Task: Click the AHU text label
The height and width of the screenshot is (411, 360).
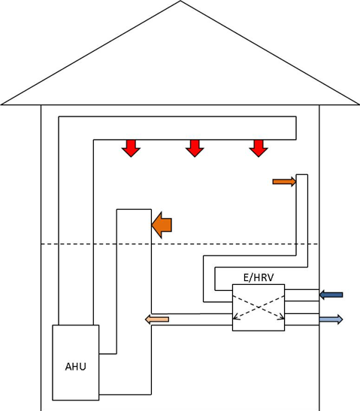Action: click(x=75, y=367)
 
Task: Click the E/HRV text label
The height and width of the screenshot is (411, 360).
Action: click(x=259, y=277)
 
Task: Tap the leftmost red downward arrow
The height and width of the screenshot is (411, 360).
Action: click(x=131, y=148)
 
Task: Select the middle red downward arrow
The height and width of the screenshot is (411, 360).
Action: click(x=195, y=148)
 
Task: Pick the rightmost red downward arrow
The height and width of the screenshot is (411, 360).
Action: click(x=259, y=148)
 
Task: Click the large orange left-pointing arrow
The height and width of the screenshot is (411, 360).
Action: click(x=162, y=225)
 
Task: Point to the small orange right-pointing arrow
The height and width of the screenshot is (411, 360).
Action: click(x=285, y=182)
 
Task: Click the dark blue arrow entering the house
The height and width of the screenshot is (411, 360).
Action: click(x=331, y=295)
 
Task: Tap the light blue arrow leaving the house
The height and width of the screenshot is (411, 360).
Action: click(x=331, y=319)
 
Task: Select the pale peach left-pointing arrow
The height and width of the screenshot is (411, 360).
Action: click(x=157, y=319)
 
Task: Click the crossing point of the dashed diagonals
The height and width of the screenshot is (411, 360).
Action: click(x=259, y=307)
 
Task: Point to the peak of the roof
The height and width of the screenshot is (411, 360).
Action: click(x=180, y=1)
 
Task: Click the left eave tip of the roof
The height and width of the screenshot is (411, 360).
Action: click(x=2, y=104)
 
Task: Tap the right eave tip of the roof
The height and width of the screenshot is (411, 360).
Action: click(x=358, y=104)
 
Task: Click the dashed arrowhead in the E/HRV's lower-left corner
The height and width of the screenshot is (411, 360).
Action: click(x=235, y=317)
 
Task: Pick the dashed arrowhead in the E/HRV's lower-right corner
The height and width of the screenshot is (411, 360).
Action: click(x=282, y=317)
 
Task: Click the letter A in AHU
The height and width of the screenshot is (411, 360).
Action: click(x=68, y=367)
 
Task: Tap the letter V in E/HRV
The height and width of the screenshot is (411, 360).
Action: click(x=271, y=277)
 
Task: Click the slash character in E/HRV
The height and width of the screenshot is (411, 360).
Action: click(x=250, y=277)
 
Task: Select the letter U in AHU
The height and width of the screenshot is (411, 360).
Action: click(x=83, y=367)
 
